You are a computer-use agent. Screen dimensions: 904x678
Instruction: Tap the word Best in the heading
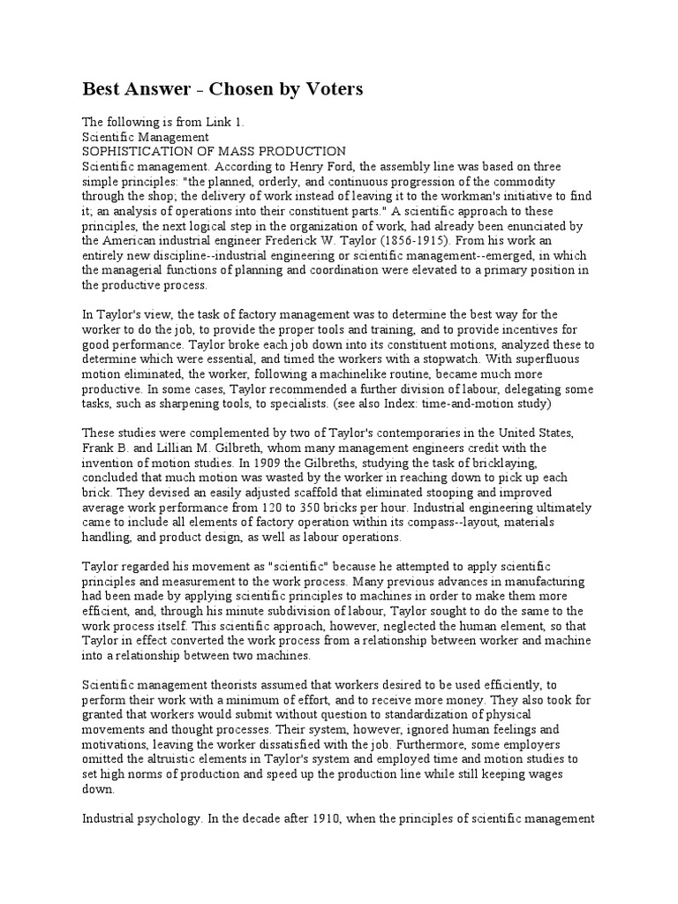click(102, 90)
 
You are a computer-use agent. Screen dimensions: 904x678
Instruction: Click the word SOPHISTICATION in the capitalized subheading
click(142, 152)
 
